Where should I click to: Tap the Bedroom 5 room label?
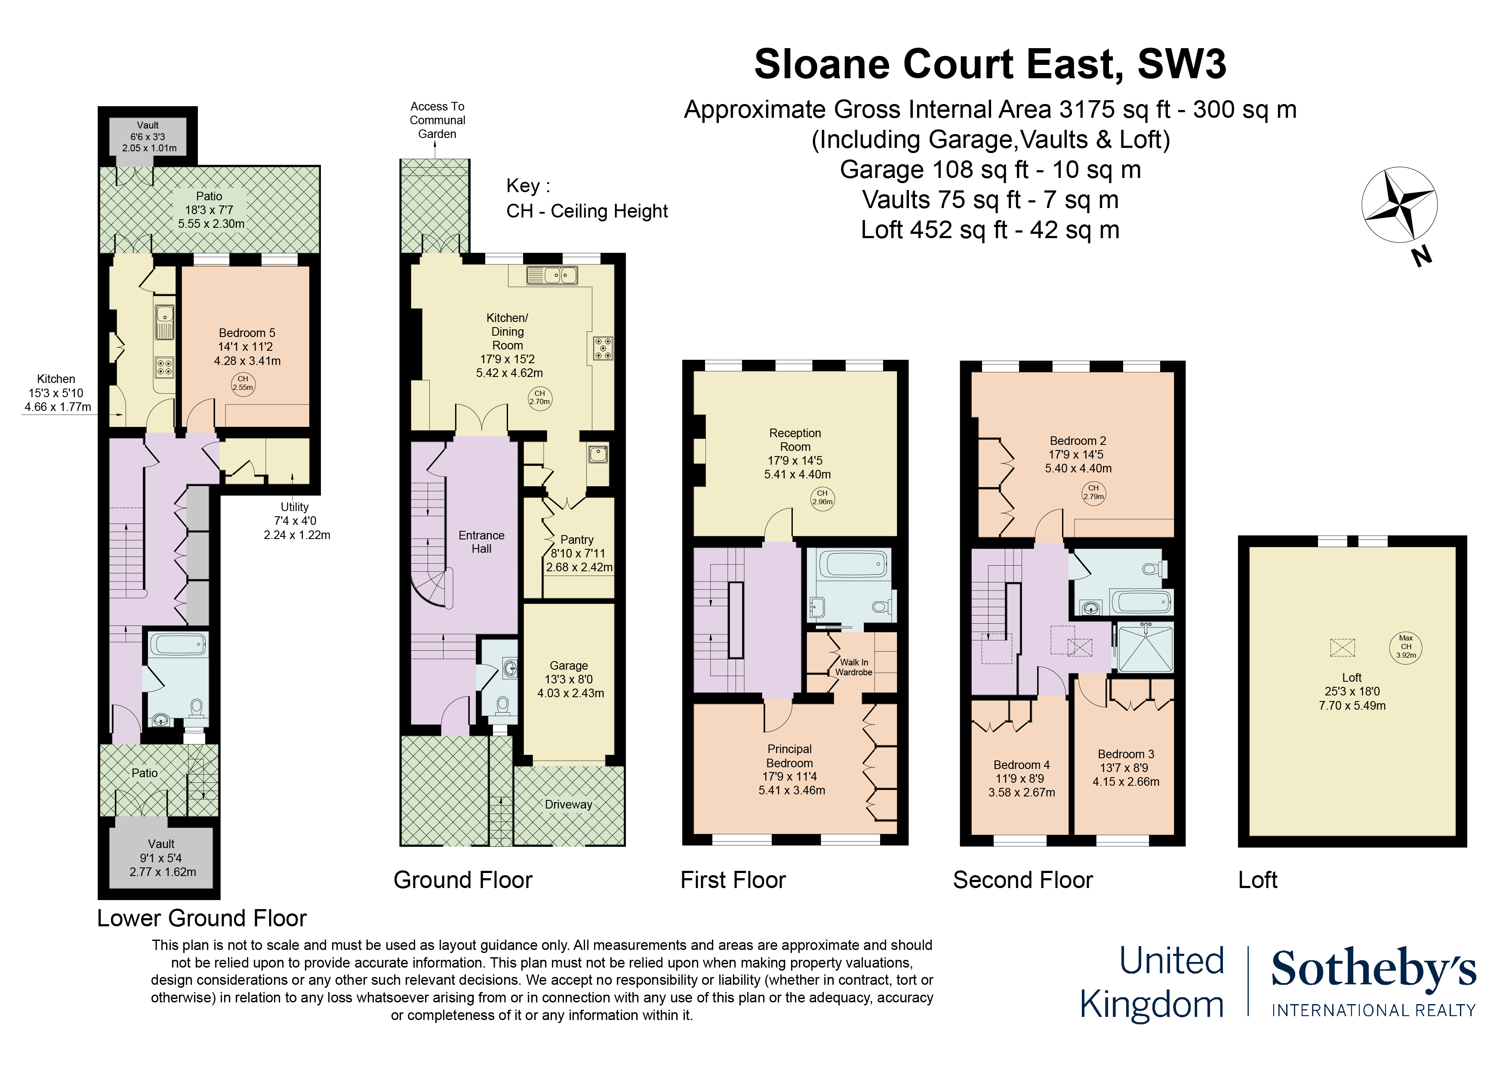point(247,346)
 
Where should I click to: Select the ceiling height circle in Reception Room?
point(822,498)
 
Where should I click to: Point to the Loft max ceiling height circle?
point(1406,646)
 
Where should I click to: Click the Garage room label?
point(569,679)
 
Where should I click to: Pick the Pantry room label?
point(578,553)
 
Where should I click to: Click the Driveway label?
point(569,805)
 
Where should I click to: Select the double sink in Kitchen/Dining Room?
point(552,275)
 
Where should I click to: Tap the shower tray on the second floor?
point(1146,648)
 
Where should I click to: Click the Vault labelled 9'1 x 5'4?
point(162,858)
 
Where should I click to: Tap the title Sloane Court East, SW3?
point(990,64)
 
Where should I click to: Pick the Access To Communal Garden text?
point(437,120)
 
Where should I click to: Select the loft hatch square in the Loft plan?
point(1342,648)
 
